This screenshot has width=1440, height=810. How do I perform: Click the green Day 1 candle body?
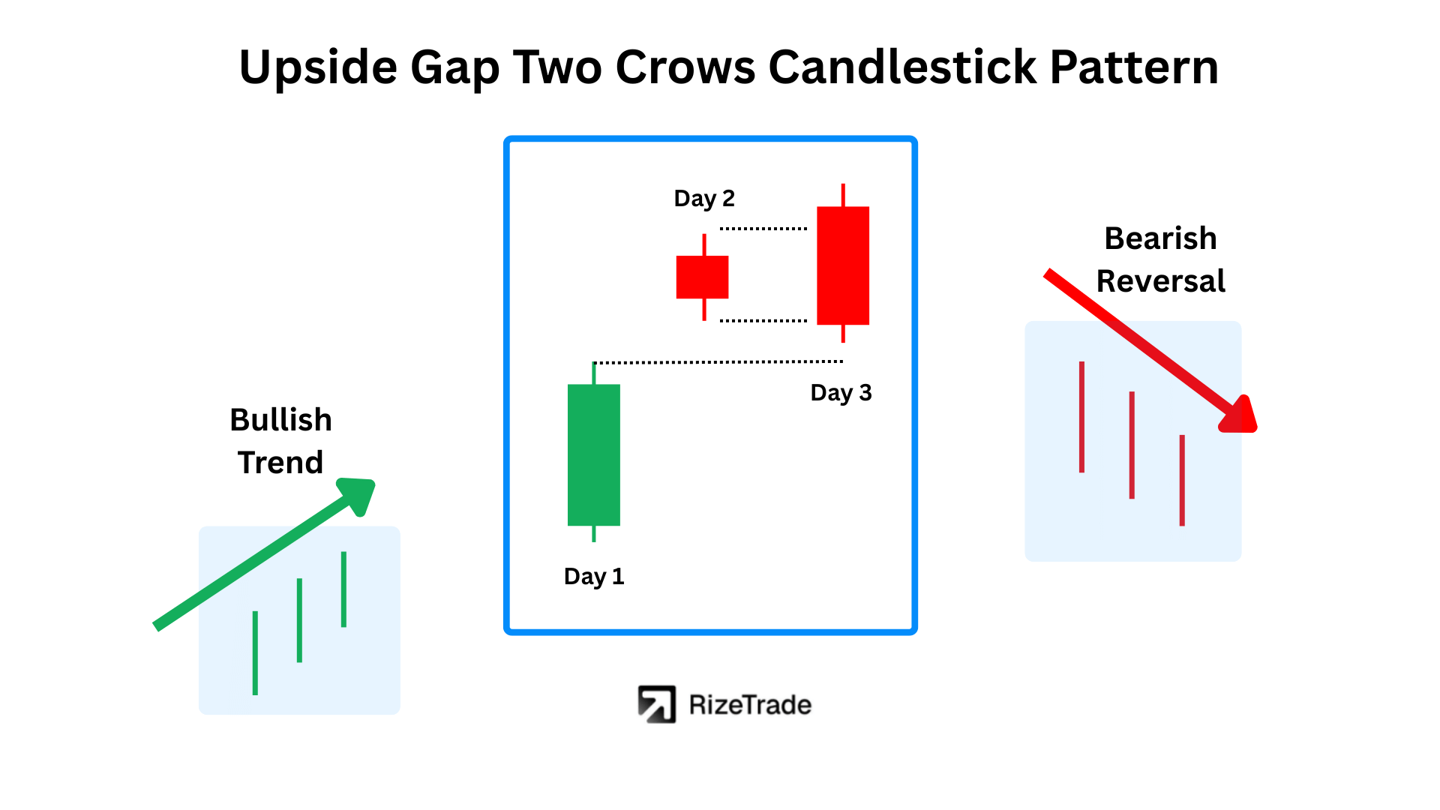pyautogui.click(x=594, y=455)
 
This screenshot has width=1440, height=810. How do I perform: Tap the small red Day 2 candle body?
pyautogui.click(x=703, y=277)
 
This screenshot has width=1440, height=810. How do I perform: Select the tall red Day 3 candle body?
pyautogui.click(x=843, y=265)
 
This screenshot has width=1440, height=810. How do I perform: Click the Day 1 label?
pyautogui.click(x=594, y=577)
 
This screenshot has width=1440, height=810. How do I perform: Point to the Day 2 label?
pyautogui.click(x=704, y=199)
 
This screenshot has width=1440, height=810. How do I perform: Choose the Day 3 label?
pyautogui.click(x=841, y=393)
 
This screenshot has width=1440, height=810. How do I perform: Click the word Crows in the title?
pyautogui.click(x=685, y=67)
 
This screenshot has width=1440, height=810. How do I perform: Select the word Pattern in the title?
pyautogui.click(x=1134, y=67)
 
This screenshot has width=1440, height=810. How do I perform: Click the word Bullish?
pyautogui.click(x=281, y=420)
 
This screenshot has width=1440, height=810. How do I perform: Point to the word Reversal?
pyautogui.click(x=1161, y=281)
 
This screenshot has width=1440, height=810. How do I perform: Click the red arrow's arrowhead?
pyautogui.click(x=1239, y=415)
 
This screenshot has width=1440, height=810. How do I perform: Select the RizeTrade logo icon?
pyautogui.click(x=657, y=704)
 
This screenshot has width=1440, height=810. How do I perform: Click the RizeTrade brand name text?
pyautogui.click(x=750, y=705)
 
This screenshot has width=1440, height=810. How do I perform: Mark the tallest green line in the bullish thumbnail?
pyautogui.click(x=255, y=653)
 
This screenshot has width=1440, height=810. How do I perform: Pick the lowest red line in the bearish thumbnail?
pyautogui.click(x=1182, y=480)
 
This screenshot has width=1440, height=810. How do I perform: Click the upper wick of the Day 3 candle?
pyautogui.click(x=843, y=195)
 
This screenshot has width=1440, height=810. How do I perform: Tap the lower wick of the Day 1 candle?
pyautogui.click(x=594, y=533)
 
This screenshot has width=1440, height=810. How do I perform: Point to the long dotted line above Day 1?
pyautogui.click(x=718, y=361)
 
